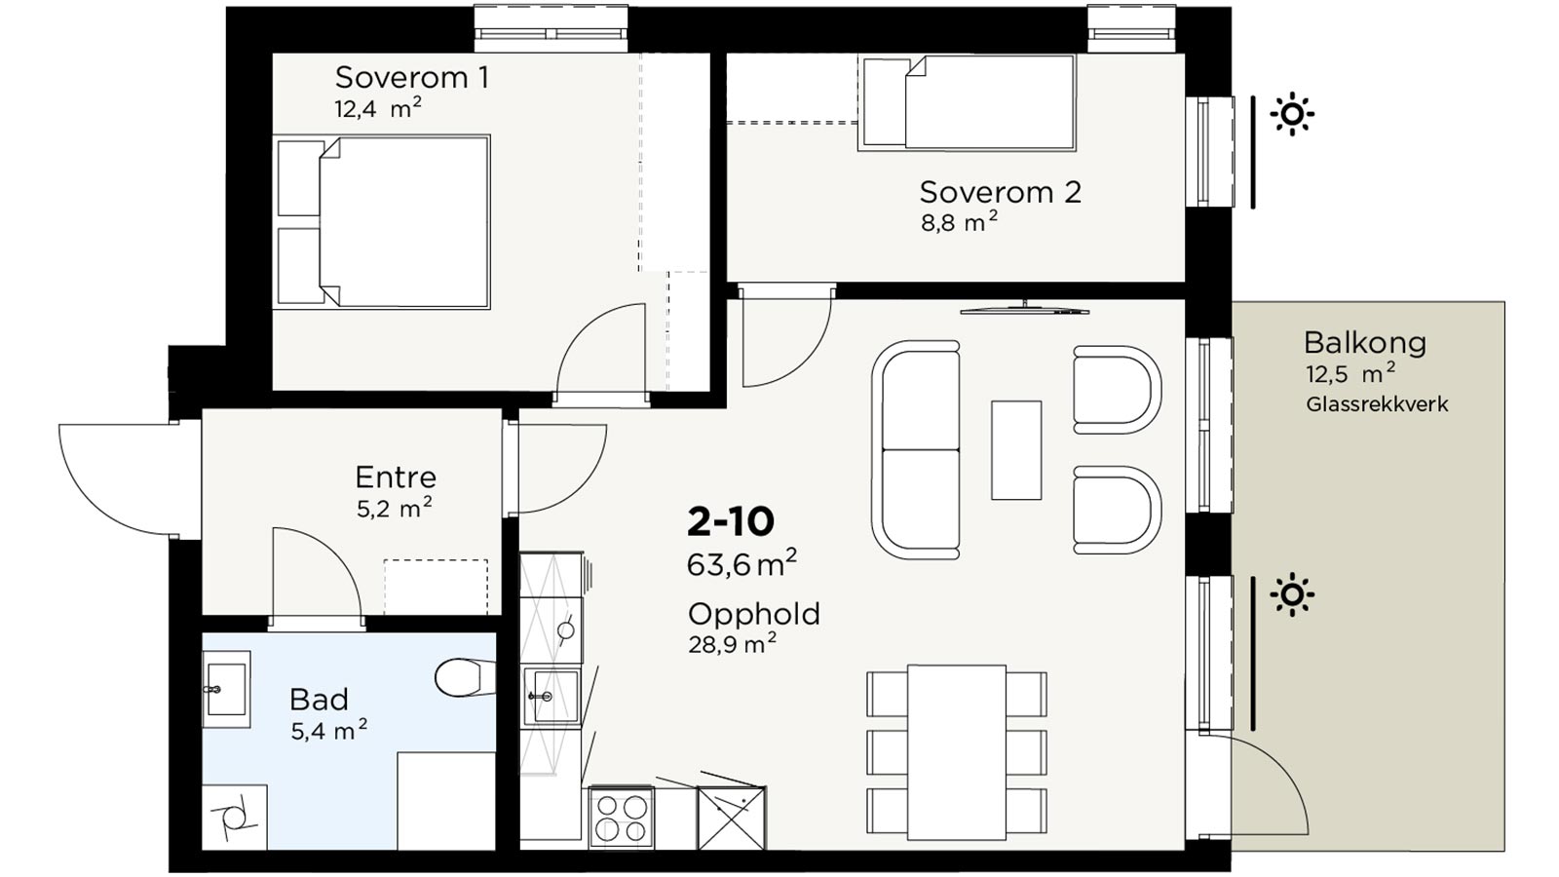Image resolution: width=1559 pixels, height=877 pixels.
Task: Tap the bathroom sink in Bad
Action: [x=226, y=689]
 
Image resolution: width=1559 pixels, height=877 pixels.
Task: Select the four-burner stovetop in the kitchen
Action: [x=621, y=818]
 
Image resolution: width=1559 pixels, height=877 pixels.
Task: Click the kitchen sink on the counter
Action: [x=551, y=696]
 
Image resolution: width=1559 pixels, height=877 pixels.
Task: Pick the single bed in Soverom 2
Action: [x=967, y=103]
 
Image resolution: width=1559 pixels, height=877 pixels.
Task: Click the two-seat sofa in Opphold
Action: [x=916, y=449]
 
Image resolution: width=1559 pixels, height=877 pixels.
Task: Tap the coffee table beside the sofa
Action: [x=1016, y=449]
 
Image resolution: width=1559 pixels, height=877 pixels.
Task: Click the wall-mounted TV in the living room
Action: [x=1024, y=309]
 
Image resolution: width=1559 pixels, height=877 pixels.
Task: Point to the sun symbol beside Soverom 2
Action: [x=1292, y=113]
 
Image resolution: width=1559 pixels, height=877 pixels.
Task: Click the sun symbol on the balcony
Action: [x=1292, y=595]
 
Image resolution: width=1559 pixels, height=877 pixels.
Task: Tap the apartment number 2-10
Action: [x=730, y=522]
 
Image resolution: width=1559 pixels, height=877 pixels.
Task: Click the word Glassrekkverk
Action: [x=1377, y=403]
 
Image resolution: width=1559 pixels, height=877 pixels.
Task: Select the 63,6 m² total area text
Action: [x=741, y=563]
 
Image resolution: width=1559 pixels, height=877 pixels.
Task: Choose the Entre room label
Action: [x=396, y=477]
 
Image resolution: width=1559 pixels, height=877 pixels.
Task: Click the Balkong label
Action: [x=1365, y=342]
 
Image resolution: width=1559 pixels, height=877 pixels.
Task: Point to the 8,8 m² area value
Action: [x=959, y=223]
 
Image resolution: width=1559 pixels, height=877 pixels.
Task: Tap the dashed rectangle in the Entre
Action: [x=436, y=587]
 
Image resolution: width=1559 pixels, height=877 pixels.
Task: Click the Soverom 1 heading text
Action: [x=412, y=77]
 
